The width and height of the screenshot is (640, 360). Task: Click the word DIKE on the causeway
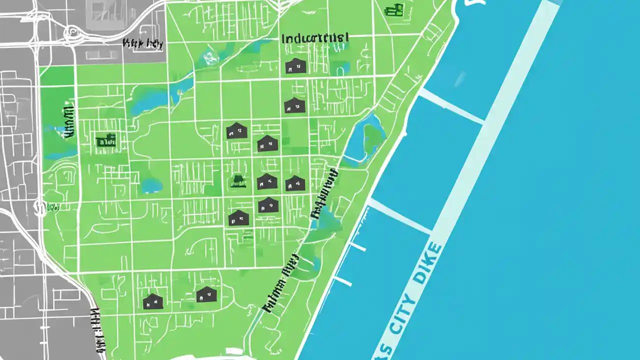coord(428,263)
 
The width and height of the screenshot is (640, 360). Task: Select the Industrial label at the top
coord(315,38)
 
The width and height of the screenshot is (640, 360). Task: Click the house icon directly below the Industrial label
coord(295,65)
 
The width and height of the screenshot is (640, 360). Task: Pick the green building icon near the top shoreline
coord(394,9)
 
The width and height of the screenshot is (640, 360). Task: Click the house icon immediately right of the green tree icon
coord(266,181)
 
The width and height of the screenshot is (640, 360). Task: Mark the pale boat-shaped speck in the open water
coord(459,78)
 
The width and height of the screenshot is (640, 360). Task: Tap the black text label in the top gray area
coord(143,43)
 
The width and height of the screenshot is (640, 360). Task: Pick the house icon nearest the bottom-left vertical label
coord(152,301)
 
